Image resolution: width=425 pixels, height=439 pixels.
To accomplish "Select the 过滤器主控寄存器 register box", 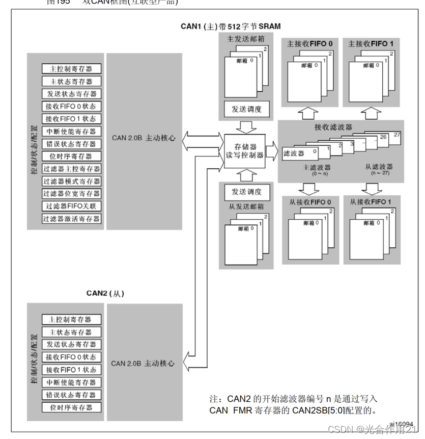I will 71,169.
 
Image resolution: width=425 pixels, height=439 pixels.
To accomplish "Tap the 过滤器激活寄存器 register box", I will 71,219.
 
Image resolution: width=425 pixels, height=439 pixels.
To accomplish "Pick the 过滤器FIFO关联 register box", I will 71,206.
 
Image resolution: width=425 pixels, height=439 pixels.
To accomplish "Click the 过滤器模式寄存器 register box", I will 71,181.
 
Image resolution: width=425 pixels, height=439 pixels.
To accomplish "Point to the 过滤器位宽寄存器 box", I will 71,194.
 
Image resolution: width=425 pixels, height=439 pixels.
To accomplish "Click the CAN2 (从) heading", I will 105,293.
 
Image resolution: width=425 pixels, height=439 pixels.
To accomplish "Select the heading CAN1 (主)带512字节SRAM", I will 231,26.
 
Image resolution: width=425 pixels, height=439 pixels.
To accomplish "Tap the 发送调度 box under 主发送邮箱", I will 247,109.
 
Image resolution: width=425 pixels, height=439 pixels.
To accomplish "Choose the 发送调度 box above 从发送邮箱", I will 247,192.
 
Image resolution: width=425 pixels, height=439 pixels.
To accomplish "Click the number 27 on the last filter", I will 397,135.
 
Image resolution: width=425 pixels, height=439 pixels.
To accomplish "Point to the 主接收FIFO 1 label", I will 371,44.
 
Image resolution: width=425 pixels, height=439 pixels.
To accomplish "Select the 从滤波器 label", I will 378,166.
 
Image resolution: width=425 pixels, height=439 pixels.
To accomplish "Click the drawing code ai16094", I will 402,424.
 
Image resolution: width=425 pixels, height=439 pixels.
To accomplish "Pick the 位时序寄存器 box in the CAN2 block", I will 71,407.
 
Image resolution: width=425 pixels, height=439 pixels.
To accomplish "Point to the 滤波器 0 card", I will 300,153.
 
